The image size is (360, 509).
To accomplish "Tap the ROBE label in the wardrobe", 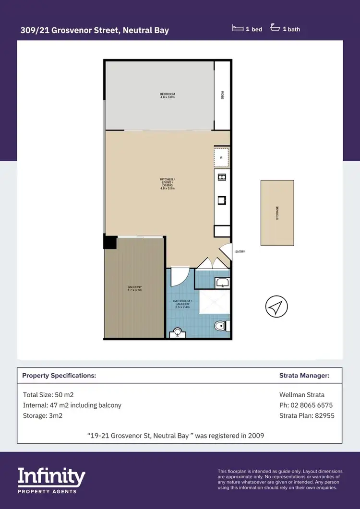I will (x=222, y=95).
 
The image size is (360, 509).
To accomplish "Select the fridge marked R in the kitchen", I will (x=221, y=157).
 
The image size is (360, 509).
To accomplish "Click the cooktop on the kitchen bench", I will (x=222, y=178).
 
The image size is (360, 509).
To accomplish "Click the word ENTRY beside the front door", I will (x=240, y=251).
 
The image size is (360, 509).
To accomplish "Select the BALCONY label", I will (x=135, y=288).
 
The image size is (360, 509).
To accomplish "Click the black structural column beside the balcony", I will (x=110, y=242).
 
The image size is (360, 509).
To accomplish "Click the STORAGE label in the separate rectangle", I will (x=277, y=213).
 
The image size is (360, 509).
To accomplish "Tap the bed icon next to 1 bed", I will (x=238, y=29).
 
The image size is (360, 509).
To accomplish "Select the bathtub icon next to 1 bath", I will (x=275, y=28).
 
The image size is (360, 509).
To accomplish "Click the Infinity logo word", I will (x=51, y=477).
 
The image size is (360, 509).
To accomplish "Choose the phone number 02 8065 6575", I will (x=306, y=405).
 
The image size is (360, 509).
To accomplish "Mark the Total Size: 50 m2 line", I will (x=48, y=395).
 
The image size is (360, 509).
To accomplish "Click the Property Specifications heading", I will (x=59, y=376).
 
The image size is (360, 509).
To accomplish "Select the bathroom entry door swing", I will (x=180, y=276).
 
